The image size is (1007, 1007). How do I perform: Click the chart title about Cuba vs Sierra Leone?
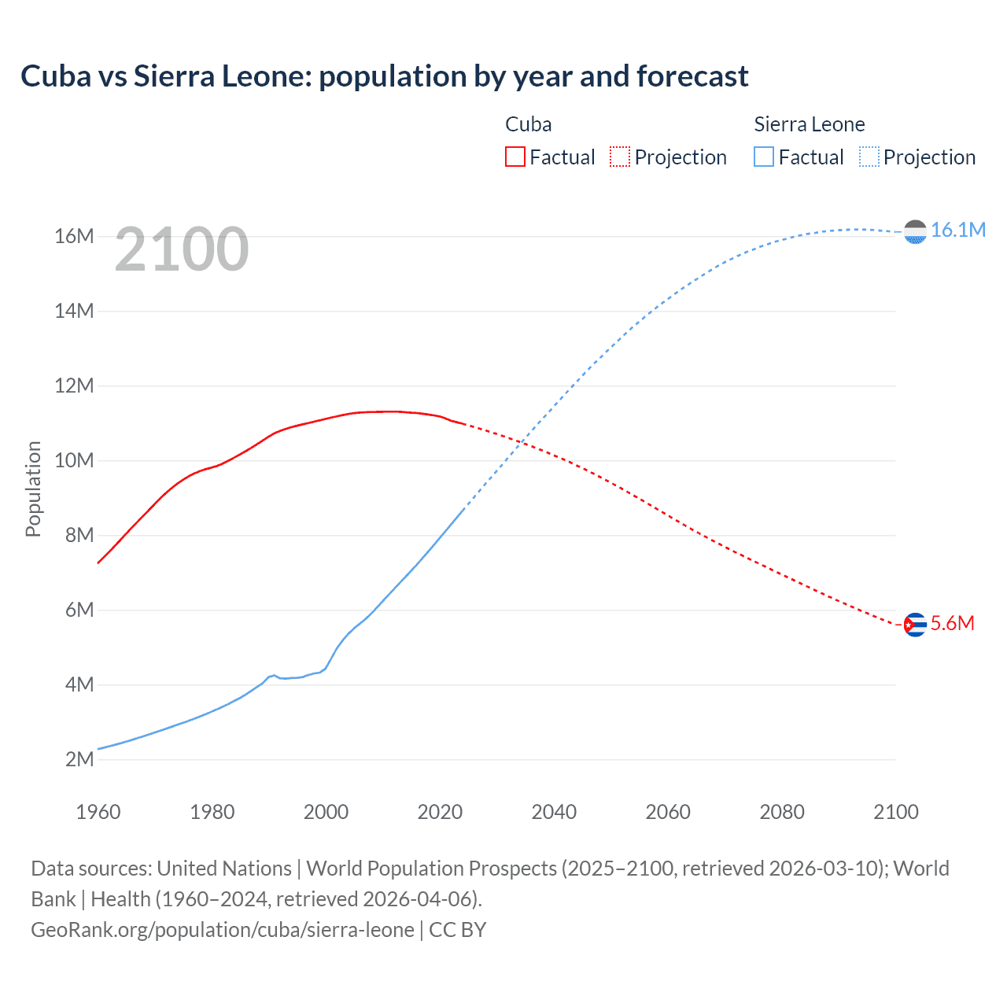[x=384, y=76]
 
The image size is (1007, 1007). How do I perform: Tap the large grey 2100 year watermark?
[x=182, y=249]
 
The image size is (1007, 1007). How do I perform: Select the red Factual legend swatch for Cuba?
[x=515, y=157]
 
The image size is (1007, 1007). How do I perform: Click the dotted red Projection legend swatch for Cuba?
[x=620, y=157]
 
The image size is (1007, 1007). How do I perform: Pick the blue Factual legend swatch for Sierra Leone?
[x=763, y=157]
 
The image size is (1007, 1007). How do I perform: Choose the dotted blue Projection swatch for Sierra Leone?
[x=869, y=157]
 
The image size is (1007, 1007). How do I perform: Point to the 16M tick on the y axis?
[x=74, y=236]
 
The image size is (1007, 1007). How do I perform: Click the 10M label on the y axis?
[x=74, y=460]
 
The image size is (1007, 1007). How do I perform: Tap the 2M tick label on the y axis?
[x=79, y=759]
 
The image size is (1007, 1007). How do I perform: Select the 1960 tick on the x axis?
[x=98, y=812]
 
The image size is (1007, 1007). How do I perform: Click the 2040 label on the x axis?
[x=554, y=812]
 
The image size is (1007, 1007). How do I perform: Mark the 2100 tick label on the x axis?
[x=895, y=812]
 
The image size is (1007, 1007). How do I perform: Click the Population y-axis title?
[x=33, y=489]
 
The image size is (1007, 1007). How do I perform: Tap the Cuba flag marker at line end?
[x=915, y=625]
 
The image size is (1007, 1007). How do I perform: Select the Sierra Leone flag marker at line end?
[x=915, y=232]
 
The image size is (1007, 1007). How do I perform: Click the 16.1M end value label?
[x=957, y=230]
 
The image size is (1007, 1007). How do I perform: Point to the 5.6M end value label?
[x=952, y=624]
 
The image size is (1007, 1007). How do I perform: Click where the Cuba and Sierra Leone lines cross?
[x=521, y=444]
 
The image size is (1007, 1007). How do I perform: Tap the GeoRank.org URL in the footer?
[x=222, y=930]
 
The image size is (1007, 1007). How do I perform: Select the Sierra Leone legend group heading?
[x=809, y=124]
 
